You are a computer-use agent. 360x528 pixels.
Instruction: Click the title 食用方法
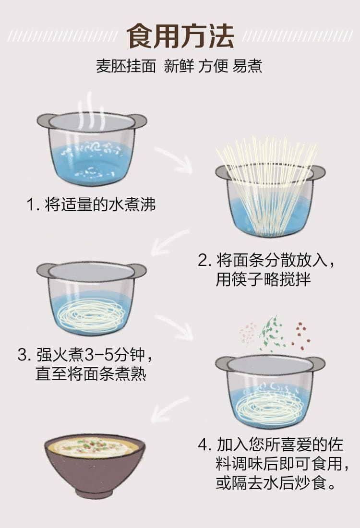click(x=180, y=36)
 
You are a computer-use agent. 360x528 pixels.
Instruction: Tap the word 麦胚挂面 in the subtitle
click(x=126, y=66)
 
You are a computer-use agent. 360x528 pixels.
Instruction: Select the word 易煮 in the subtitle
click(x=248, y=66)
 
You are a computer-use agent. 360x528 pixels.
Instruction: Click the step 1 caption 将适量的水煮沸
click(x=100, y=204)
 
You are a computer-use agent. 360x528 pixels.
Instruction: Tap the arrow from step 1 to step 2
click(x=174, y=160)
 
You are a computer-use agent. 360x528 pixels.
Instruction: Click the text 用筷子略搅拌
click(x=263, y=279)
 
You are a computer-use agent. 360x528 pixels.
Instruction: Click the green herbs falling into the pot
click(x=272, y=334)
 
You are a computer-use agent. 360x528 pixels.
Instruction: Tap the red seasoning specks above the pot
click(x=301, y=335)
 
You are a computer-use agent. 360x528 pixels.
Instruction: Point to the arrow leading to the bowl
click(x=169, y=409)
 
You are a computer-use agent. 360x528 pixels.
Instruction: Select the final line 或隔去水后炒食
click(x=276, y=483)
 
